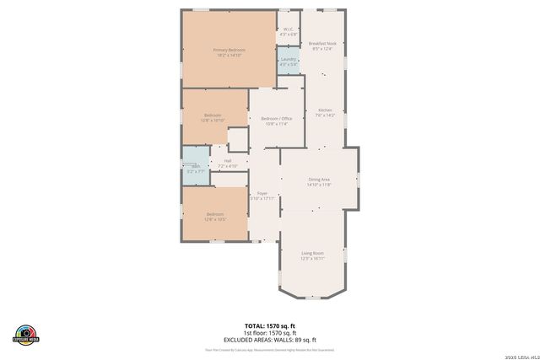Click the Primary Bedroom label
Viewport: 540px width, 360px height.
click(229, 51)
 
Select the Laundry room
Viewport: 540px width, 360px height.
click(289, 61)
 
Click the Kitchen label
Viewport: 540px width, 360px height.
click(325, 110)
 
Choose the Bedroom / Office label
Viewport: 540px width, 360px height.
click(276, 119)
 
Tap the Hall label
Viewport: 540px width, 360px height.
click(228, 160)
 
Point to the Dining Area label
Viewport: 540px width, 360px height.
click(319, 179)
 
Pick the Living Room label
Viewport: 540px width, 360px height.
click(313, 253)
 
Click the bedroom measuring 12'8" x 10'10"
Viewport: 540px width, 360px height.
click(213, 117)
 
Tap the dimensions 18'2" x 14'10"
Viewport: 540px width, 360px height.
click(229, 56)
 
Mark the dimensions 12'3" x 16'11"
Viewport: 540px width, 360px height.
click(313, 259)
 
